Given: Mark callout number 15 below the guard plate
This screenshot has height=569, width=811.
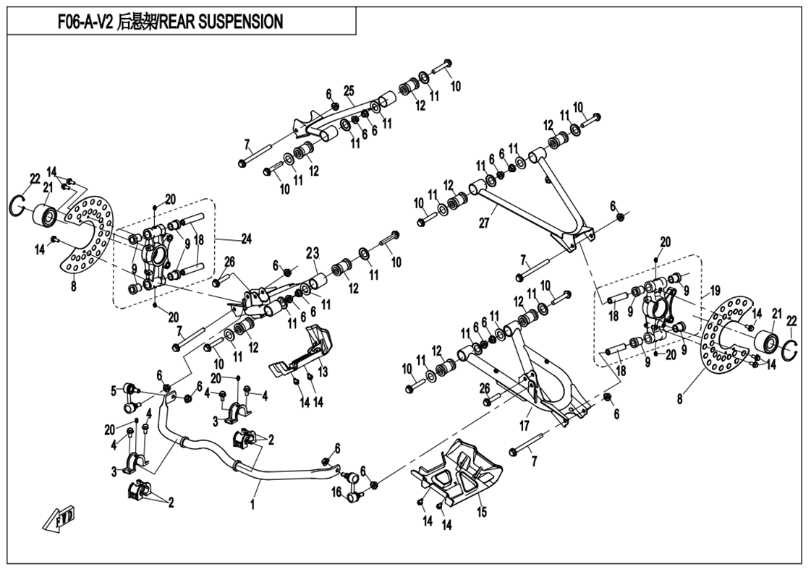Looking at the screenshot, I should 482,512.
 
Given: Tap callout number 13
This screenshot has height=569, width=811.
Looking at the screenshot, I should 323,371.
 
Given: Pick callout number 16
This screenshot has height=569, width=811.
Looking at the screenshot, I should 336,492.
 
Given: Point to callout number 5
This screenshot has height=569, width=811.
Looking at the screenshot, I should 113,391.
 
